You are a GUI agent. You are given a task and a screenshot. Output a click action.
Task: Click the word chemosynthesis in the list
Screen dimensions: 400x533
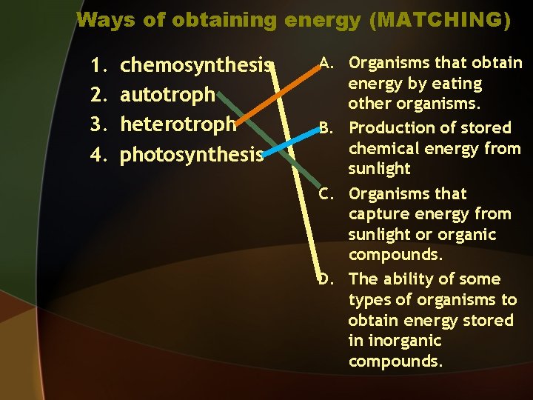[195, 66]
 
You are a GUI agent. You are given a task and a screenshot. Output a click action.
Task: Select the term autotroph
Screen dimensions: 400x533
[167, 95]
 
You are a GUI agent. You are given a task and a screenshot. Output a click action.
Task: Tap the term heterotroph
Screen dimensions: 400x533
[178, 123]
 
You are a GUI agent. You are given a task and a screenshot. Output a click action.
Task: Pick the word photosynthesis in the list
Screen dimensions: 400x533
[192, 154]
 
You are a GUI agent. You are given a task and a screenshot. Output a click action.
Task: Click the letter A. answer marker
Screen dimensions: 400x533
[329, 63]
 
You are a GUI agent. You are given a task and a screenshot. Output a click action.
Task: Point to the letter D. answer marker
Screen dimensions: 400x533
[329, 279]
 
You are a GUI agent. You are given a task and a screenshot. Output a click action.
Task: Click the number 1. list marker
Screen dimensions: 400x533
[98, 66]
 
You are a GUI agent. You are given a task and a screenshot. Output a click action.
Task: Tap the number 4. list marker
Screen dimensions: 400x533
[98, 154]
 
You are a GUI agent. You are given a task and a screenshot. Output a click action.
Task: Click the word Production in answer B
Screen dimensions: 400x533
[390, 127]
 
